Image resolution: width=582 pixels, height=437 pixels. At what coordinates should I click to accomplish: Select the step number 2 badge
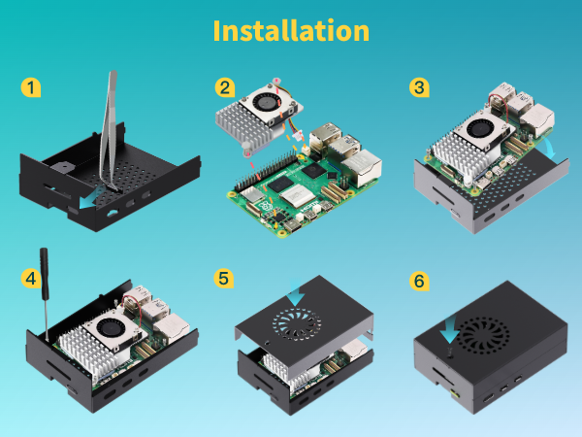(225, 88)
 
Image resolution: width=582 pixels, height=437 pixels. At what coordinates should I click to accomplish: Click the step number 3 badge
(419, 88)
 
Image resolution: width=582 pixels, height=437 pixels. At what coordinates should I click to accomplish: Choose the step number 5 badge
(225, 279)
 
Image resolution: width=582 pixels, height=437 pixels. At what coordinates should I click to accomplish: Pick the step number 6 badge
(419, 281)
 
